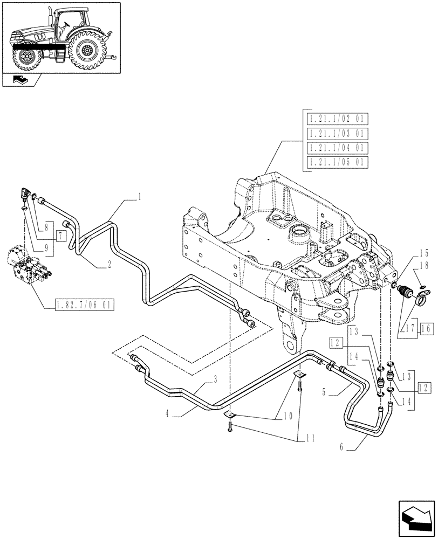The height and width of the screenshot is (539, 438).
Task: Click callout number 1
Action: pyautogui.click(x=139, y=198)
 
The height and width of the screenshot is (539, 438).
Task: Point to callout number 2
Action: pyautogui.click(x=109, y=264)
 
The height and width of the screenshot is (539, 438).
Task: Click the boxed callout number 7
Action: pyautogui.click(x=60, y=236)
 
